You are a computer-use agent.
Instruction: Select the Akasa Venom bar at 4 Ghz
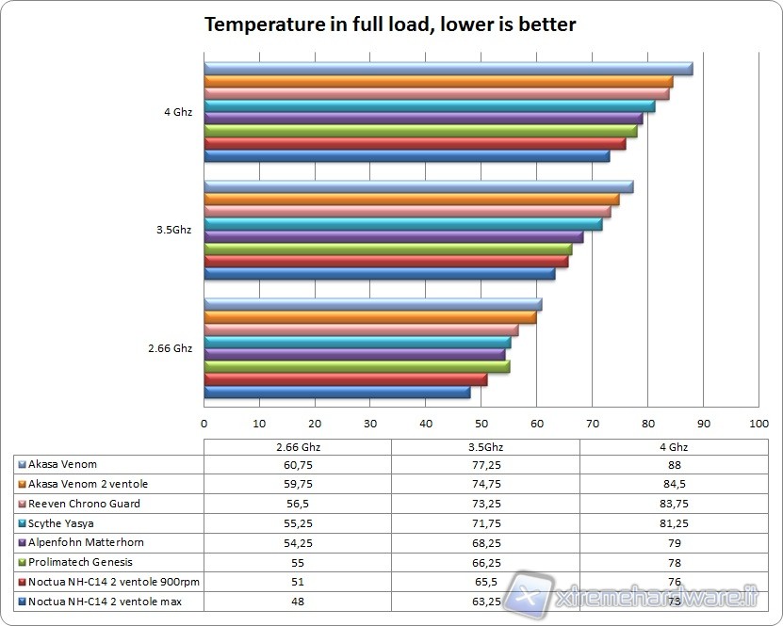tap(449, 69)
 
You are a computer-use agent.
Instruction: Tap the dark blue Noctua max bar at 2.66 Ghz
tap(336, 393)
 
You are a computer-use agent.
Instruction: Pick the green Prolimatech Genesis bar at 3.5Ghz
tap(387, 249)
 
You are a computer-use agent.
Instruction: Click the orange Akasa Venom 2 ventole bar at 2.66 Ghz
tap(369, 317)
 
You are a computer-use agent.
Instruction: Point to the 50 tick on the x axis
tap(481, 424)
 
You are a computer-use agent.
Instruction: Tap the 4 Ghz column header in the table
tap(673, 446)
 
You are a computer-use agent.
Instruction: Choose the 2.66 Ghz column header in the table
tap(297, 446)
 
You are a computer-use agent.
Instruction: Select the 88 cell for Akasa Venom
tap(673, 465)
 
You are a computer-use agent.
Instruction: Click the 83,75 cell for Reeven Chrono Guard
tap(673, 504)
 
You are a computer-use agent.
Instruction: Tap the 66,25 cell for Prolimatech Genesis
tap(485, 562)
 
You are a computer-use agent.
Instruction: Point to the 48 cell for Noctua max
tap(297, 601)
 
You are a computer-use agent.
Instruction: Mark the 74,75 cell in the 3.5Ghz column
tap(485, 484)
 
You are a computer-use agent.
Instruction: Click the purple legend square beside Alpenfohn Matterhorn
tap(22, 543)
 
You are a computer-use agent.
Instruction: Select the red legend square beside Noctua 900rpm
tap(22, 582)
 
